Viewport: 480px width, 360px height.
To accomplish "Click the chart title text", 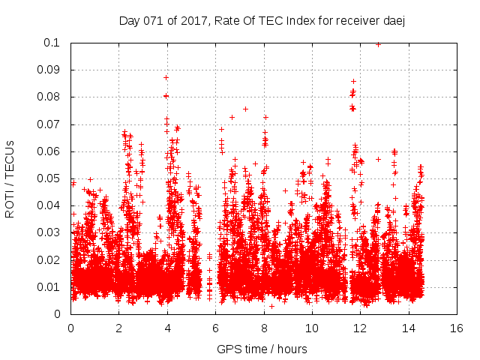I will pos(262,20).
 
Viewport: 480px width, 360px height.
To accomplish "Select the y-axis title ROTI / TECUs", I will pos(10,178).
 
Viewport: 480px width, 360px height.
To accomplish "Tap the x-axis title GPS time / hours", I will pos(262,349).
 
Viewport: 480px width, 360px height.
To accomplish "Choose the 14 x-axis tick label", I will pos(409,328).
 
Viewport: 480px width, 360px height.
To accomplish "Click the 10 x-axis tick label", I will pos(312,328).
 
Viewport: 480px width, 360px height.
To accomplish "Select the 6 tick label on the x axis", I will pos(215,328).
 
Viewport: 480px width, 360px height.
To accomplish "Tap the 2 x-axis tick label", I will pos(118,328).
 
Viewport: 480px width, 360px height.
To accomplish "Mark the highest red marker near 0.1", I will pos(378,44).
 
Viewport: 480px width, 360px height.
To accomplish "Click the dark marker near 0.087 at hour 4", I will pos(166,77).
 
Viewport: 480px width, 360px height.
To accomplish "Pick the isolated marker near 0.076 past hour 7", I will pos(245,109).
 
